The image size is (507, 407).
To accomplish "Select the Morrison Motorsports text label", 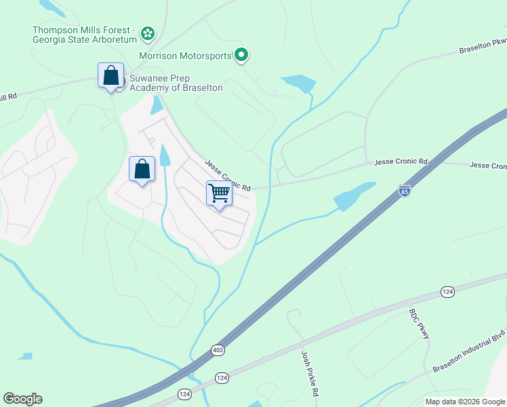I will [185, 56].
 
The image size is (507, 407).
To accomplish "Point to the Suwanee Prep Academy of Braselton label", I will [176, 83].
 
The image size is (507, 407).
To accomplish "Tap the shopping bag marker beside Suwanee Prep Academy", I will [110, 76].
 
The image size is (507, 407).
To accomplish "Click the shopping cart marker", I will [219, 193].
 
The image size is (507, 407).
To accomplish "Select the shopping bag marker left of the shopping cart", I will [142, 170].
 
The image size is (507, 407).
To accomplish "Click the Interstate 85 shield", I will [405, 191].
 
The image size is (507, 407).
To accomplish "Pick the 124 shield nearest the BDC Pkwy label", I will [447, 291].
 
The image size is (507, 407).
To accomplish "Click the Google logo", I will [22, 398].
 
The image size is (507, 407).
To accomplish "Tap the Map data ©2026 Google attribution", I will [465, 402].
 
